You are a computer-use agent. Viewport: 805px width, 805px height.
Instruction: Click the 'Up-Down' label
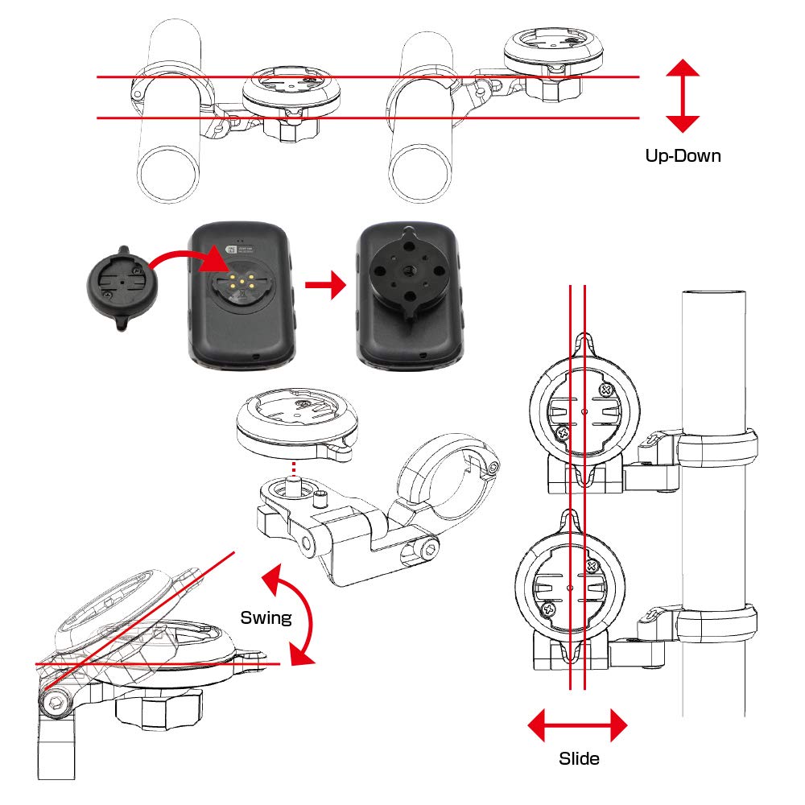(683, 156)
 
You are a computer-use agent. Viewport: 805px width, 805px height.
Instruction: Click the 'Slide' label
(578, 758)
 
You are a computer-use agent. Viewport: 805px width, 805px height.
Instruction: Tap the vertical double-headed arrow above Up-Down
(683, 95)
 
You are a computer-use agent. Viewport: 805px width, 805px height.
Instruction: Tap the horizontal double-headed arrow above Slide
(577, 725)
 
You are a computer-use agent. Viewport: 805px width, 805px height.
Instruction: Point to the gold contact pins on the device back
(238, 286)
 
